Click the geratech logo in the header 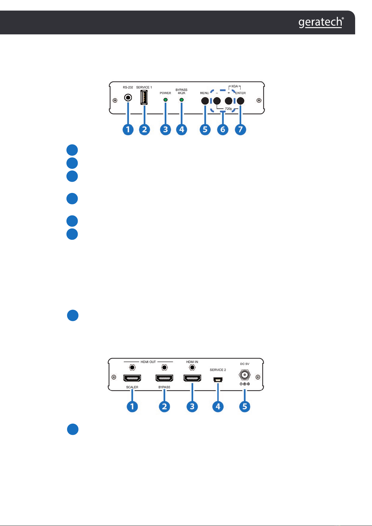pyautogui.click(x=321, y=22)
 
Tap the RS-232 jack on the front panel pyautogui.click(x=128, y=97)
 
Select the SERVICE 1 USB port pyautogui.click(x=144, y=97)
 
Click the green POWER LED pyautogui.click(x=165, y=100)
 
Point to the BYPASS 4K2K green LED pyautogui.click(x=181, y=100)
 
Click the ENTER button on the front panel pyautogui.click(x=240, y=101)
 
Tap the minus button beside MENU pyautogui.click(x=217, y=101)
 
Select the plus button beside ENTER pyautogui.click(x=228, y=101)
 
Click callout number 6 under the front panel pyautogui.click(x=223, y=129)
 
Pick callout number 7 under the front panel pyautogui.click(x=240, y=129)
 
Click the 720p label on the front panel pyautogui.click(x=228, y=109)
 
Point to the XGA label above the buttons pyautogui.click(x=234, y=86)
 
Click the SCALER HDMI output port pyautogui.click(x=132, y=378)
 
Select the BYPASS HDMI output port pyautogui.click(x=164, y=378)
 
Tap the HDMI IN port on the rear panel pyautogui.click(x=192, y=378)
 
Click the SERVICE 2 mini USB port pyautogui.click(x=218, y=380)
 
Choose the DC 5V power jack pyautogui.click(x=245, y=375)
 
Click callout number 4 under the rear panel pyautogui.click(x=218, y=406)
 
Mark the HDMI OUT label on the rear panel pyautogui.click(x=148, y=362)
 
